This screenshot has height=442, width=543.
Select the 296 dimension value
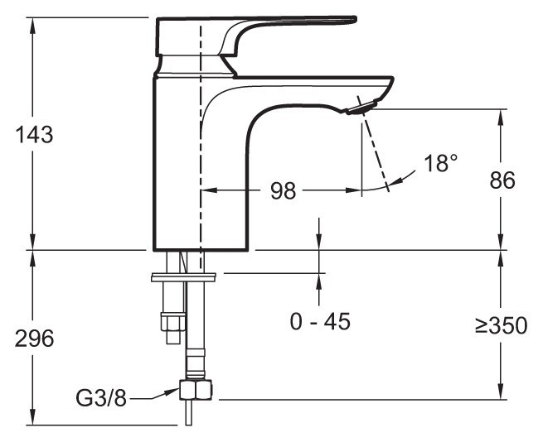pos(33,338)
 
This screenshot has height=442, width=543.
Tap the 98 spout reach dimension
pos(284,190)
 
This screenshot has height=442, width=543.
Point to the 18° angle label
pos(440,163)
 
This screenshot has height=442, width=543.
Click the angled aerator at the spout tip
pos(361,106)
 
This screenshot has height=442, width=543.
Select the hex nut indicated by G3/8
pos(196,390)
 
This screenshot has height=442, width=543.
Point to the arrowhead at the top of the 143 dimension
pos(33,22)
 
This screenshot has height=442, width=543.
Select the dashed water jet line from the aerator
pos(375,153)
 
